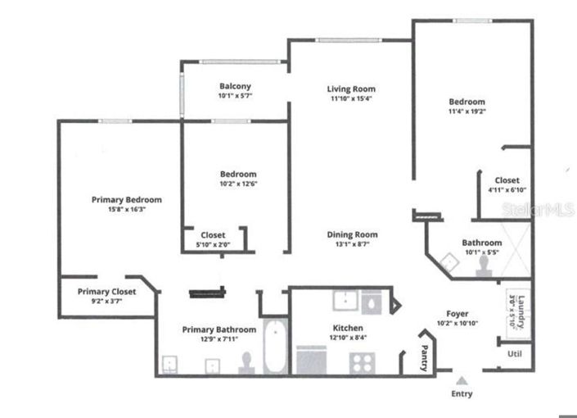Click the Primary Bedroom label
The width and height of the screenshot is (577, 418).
pos(126,199)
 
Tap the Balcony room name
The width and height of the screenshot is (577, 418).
pos(234,86)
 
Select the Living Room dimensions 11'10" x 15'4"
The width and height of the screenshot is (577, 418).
pos(351,98)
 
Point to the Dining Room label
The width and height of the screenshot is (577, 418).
pos(352,234)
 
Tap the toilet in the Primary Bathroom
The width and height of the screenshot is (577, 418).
pos(247,362)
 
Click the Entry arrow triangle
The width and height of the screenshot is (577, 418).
pos(462,380)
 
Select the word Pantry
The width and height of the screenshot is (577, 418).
pos(424,359)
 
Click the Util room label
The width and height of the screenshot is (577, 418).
pos(514,354)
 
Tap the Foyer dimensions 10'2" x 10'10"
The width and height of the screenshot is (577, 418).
pos(456,324)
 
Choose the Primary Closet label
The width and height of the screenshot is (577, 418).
pos(106,291)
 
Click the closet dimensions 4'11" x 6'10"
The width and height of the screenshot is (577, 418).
pos(507,189)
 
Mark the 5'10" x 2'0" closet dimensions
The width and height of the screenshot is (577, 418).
pos(213,245)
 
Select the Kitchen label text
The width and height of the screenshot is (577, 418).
pos(348,328)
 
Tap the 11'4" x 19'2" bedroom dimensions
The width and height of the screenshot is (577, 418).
pos(466,111)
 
